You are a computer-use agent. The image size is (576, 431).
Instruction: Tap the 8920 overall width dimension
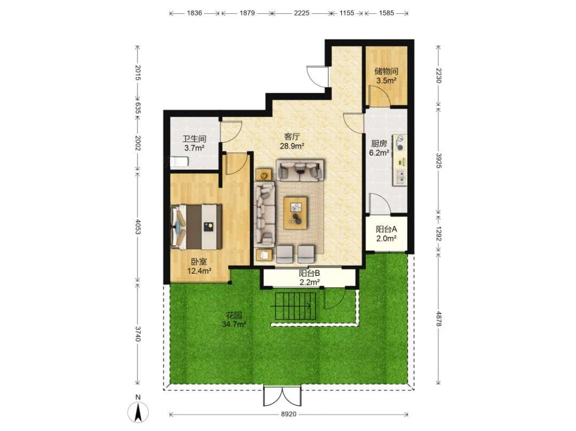click(288, 414)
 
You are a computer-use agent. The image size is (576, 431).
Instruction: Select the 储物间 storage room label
click(386, 71)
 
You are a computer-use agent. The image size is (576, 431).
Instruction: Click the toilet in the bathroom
click(180, 161)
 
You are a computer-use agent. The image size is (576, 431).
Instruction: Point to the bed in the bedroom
click(196, 227)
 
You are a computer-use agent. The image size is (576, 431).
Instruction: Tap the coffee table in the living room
click(296, 213)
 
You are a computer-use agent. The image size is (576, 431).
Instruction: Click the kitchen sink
click(400, 178)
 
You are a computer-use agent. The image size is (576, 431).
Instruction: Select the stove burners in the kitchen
click(400, 143)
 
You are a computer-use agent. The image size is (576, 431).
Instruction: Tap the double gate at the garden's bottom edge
click(282, 396)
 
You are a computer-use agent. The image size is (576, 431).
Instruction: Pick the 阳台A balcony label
click(386, 229)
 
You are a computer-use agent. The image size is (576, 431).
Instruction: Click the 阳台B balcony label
click(309, 273)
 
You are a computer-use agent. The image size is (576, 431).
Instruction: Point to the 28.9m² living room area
click(292, 146)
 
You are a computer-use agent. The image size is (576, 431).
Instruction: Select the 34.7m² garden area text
click(234, 324)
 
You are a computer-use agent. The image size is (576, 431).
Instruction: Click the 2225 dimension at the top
click(301, 13)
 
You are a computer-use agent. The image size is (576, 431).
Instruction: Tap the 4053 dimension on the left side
click(138, 227)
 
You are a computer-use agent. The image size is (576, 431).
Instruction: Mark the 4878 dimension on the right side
click(438, 319)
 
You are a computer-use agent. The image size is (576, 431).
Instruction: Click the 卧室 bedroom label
click(199, 261)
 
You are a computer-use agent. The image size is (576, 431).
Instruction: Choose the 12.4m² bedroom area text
click(199, 271)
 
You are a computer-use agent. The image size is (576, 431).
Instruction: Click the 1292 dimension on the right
click(438, 233)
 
